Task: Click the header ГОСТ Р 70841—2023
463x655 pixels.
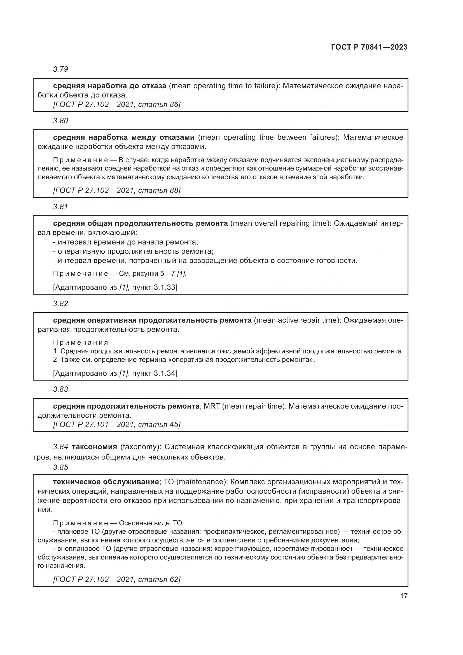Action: point(369,47)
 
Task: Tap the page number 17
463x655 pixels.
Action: point(404,596)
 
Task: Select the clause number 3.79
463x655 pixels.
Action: point(60,69)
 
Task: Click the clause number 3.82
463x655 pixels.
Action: point(60,304)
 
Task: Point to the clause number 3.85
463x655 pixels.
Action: point(60,467)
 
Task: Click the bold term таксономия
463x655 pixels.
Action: point(94,447)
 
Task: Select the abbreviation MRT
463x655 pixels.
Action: point(212,406)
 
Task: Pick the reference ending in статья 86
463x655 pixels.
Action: point(117,104)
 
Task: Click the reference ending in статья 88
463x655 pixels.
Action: point(117,190)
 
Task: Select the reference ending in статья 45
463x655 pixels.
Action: point(117,425)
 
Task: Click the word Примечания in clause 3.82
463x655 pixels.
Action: point(81,342)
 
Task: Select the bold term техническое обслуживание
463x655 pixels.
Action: point(106,482)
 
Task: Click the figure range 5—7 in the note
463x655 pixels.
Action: point(168,274)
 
